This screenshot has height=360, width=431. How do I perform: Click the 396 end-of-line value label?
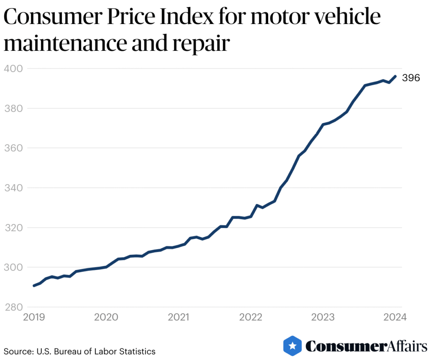click(411, 78)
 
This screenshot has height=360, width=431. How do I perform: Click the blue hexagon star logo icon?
click(292, 346)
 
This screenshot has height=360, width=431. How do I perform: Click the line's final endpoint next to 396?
click(395, 76)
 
